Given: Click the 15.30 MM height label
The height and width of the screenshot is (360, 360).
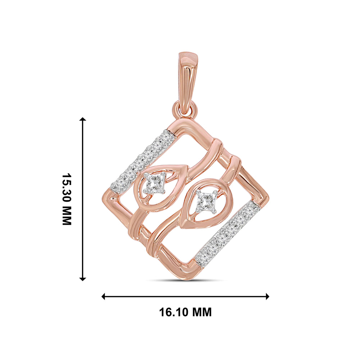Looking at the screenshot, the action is [67, 199].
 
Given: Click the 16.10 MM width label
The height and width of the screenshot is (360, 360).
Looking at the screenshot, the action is [185, 312].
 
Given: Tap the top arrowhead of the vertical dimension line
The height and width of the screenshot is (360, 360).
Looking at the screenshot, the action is [82, 119].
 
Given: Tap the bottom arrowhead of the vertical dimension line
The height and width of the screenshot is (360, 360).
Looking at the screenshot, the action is [82, 279].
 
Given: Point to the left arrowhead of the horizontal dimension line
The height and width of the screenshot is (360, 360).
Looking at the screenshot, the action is [103, 296].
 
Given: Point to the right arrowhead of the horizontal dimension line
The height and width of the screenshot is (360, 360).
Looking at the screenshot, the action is [267, 296].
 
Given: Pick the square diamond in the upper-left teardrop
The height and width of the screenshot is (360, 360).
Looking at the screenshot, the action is [154, 183].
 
